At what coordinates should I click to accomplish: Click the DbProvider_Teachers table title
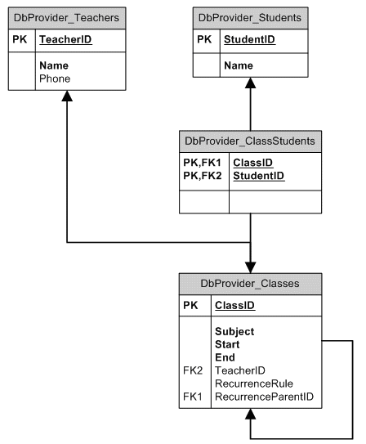[65, 17]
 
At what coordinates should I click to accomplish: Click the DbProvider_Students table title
[250, 17]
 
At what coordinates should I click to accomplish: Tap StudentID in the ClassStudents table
[259, 175]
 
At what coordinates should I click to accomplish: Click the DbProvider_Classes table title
[250, 284]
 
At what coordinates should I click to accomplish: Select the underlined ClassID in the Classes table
[234, 306]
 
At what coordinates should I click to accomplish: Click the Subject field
[234, 332]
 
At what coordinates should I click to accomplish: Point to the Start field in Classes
[227, 345]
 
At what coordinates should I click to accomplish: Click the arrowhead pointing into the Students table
[250, 84]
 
